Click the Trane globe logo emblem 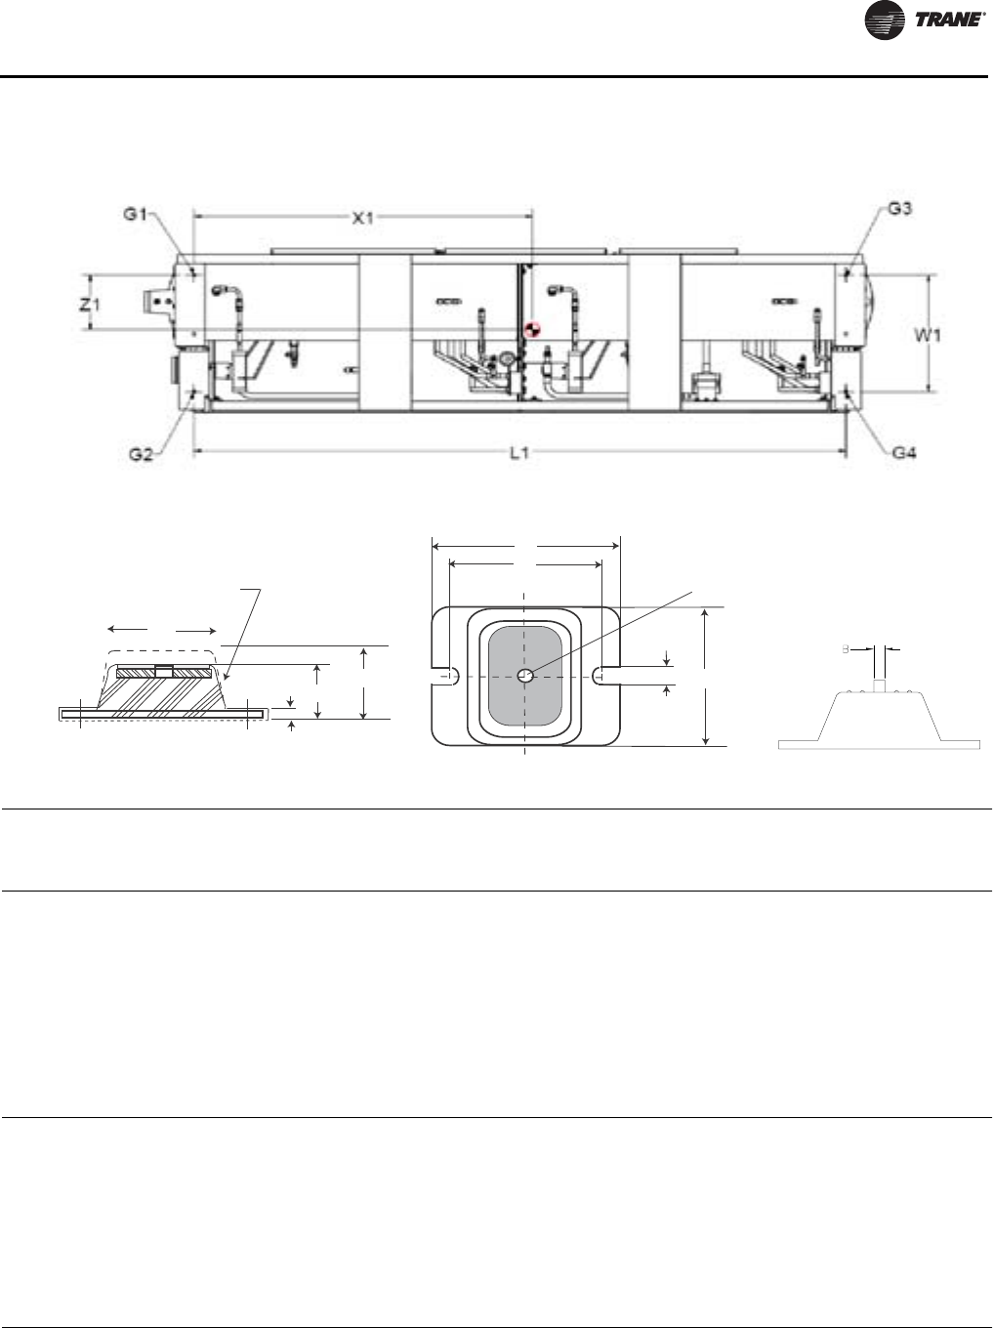pyautogui.click(x=885, y=21)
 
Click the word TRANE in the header pyautogui.click(x=948, y=20)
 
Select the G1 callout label pyautogui.click(x=136, y=214)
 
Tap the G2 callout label pyautogui.click(x=141, y=454)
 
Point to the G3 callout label pyautogui.click(x=900, y=209)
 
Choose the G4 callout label pyautogui.click(x=905, y=452)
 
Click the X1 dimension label pyautogui.click(x=363, y=219)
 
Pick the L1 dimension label pyautogui.click(x=519, y=452)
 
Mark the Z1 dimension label pyautogui.click(x=90, y=305)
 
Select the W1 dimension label pyautogui.click(x=927, y=335)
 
